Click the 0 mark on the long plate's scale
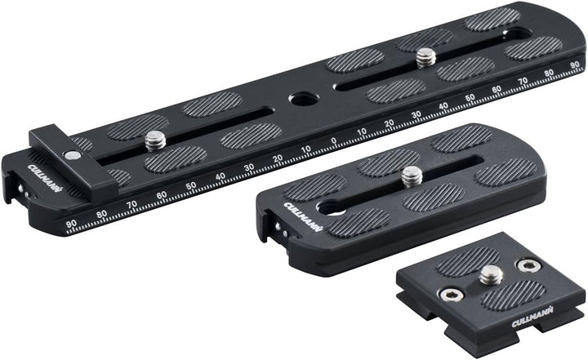tap(333, 140)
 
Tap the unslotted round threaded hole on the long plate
tap(301, 100)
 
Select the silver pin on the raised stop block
tap(74, 155)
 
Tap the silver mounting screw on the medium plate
tap(412, 175)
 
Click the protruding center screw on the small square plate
tap(490, 275)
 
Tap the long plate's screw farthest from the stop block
tap(425, 57)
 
